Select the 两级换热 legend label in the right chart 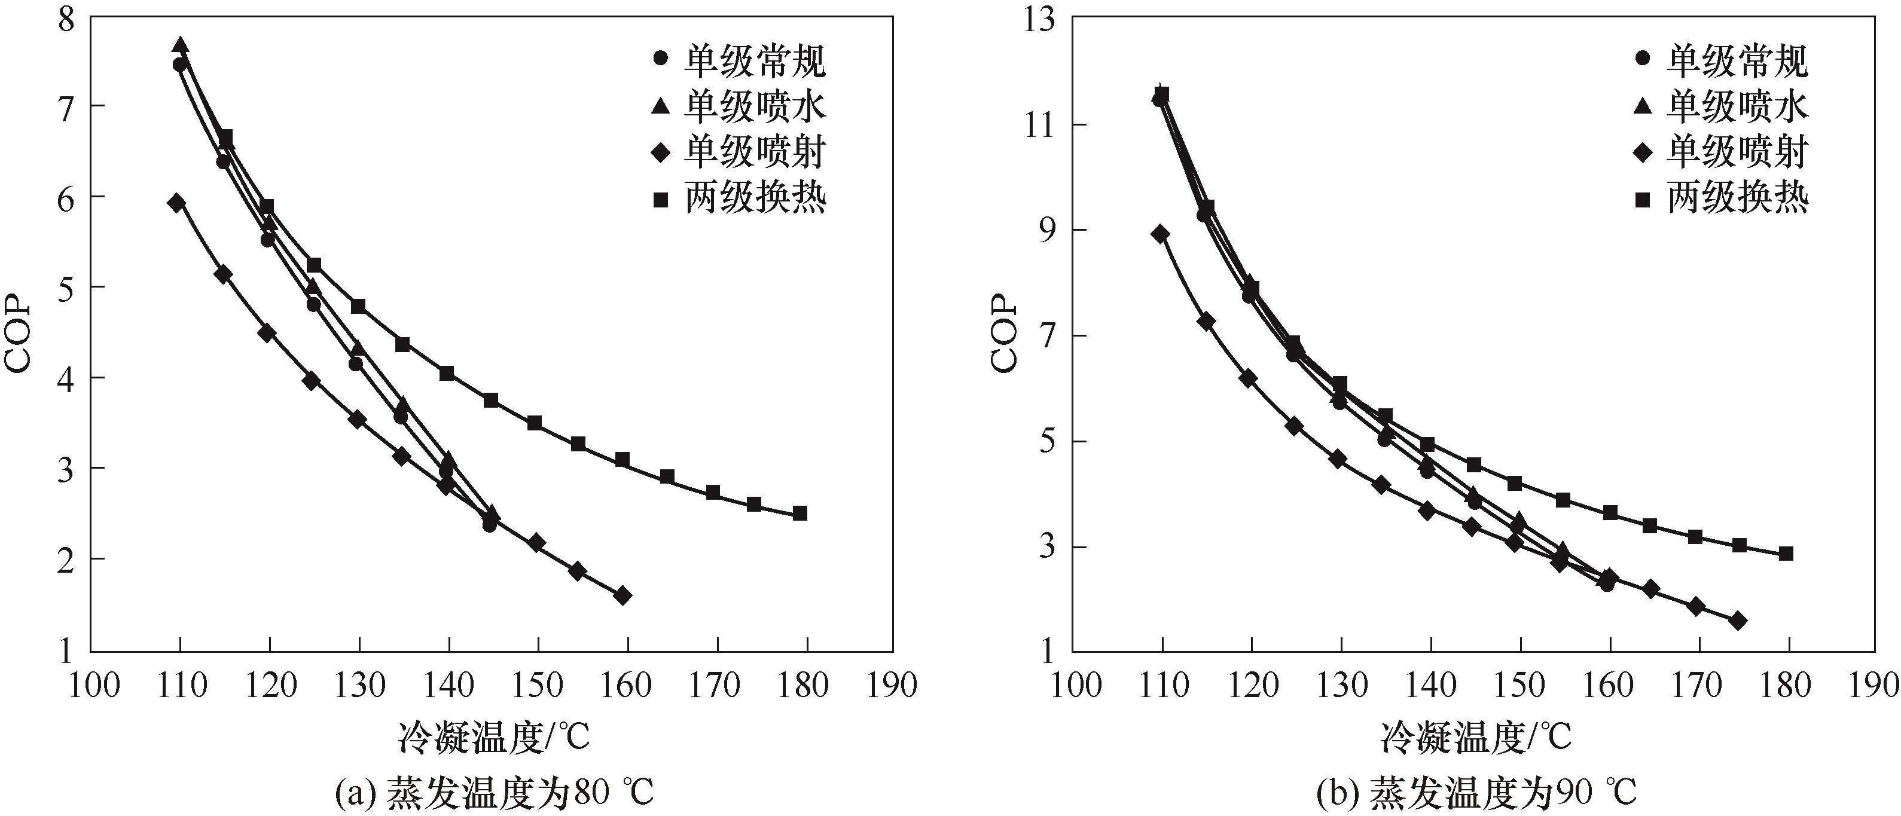pos(1737,198)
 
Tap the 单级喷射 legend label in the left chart pos(754,152)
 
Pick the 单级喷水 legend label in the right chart pos(1737,107)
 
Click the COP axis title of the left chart pos(20,334)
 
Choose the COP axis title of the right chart pos(1003,334)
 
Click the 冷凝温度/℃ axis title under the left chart pos(494,736)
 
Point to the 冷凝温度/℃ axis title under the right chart pos(1476,736)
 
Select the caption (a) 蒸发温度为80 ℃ pos(494,794)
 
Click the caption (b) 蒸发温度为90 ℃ pos(1476,794)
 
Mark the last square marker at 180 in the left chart pos(800,513)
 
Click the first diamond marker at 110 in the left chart pos(176,203)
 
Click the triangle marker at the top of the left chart pos(180,46)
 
